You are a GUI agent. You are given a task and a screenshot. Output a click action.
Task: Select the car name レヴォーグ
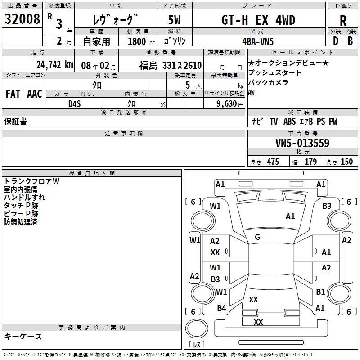pos(115,20)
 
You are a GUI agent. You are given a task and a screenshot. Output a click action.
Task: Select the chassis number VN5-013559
pos(302,143)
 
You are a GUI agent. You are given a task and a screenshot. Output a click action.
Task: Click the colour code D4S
pos(74,104)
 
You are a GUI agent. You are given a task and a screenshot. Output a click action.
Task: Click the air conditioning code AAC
pos(34,94)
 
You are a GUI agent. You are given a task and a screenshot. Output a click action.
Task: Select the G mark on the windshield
pos(257,237)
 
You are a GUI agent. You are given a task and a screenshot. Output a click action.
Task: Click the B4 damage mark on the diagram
pos(221,308)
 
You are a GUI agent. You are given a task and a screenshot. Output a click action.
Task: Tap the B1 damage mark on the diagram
pos(320,292)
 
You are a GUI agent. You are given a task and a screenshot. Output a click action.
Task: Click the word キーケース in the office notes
pos(23,337)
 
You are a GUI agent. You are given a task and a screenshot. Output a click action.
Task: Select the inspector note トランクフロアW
pos(31,181)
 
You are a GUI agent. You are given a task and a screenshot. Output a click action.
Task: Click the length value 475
pos(273,162)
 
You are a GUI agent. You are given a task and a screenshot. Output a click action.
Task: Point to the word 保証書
pos(15,121)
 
